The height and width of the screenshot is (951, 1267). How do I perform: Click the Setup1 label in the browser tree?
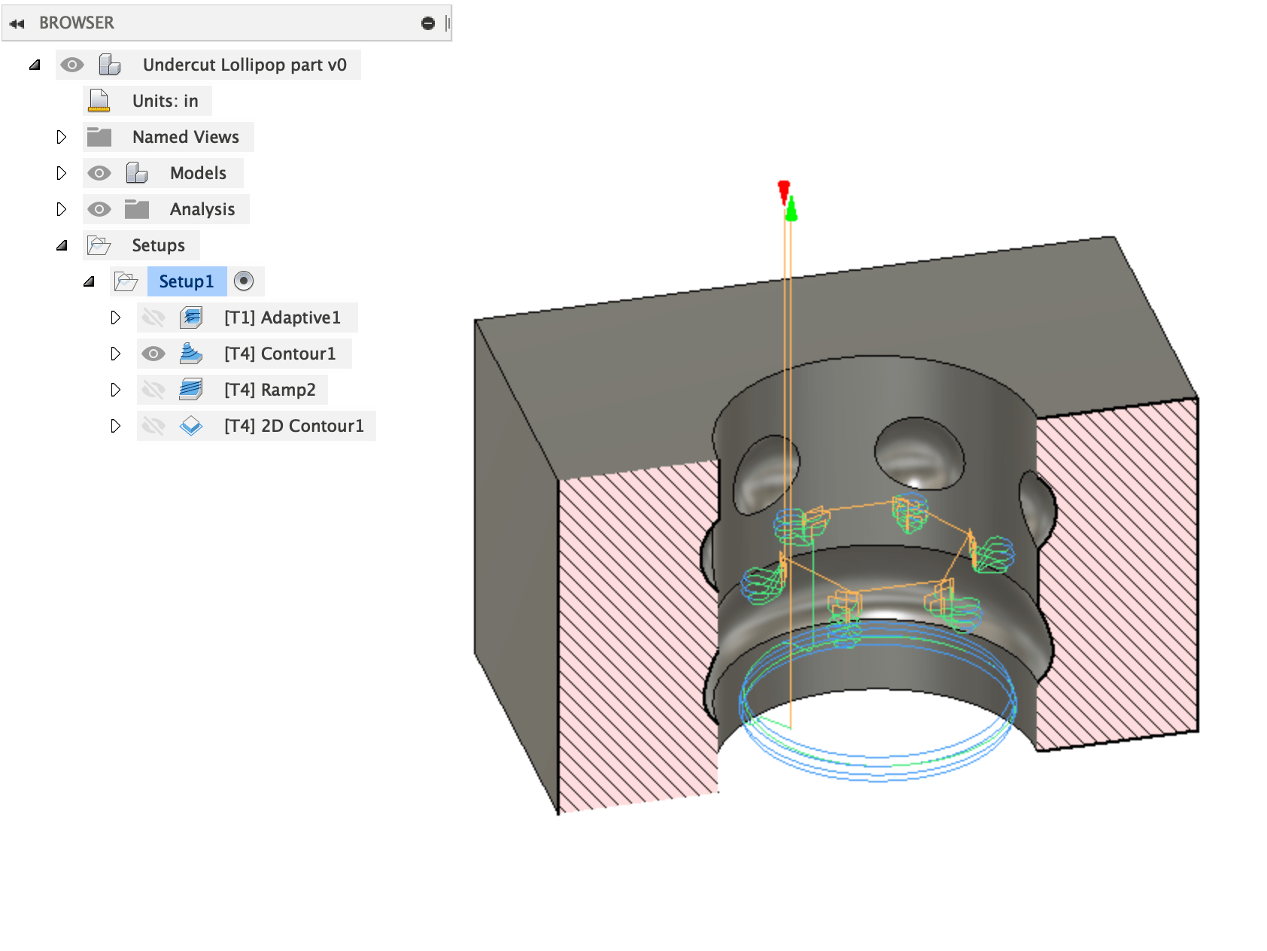186,281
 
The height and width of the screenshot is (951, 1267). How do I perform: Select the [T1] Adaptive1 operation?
282,318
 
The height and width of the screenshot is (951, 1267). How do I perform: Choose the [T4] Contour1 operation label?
280,354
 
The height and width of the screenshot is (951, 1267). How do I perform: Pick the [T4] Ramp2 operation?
269,390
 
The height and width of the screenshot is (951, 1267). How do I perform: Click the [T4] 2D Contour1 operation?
293,426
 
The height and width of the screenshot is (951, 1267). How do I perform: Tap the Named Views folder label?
185,137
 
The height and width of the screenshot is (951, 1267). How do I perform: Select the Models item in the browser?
198,173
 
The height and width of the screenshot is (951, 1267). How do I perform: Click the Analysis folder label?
202,209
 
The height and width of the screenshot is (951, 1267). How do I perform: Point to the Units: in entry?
165,101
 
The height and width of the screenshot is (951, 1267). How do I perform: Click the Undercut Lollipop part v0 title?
245,65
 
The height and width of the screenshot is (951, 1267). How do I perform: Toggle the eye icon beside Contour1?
153,354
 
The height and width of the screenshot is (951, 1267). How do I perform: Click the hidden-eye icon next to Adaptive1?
153,318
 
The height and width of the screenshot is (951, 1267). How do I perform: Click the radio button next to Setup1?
244,281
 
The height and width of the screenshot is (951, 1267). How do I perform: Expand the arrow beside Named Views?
62,137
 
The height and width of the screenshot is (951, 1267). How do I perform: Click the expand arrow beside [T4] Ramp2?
115,390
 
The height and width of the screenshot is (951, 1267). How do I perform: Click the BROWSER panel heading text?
77,23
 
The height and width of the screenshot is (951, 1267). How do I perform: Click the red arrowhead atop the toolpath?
784,189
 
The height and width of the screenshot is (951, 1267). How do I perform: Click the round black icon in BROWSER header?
428,23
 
